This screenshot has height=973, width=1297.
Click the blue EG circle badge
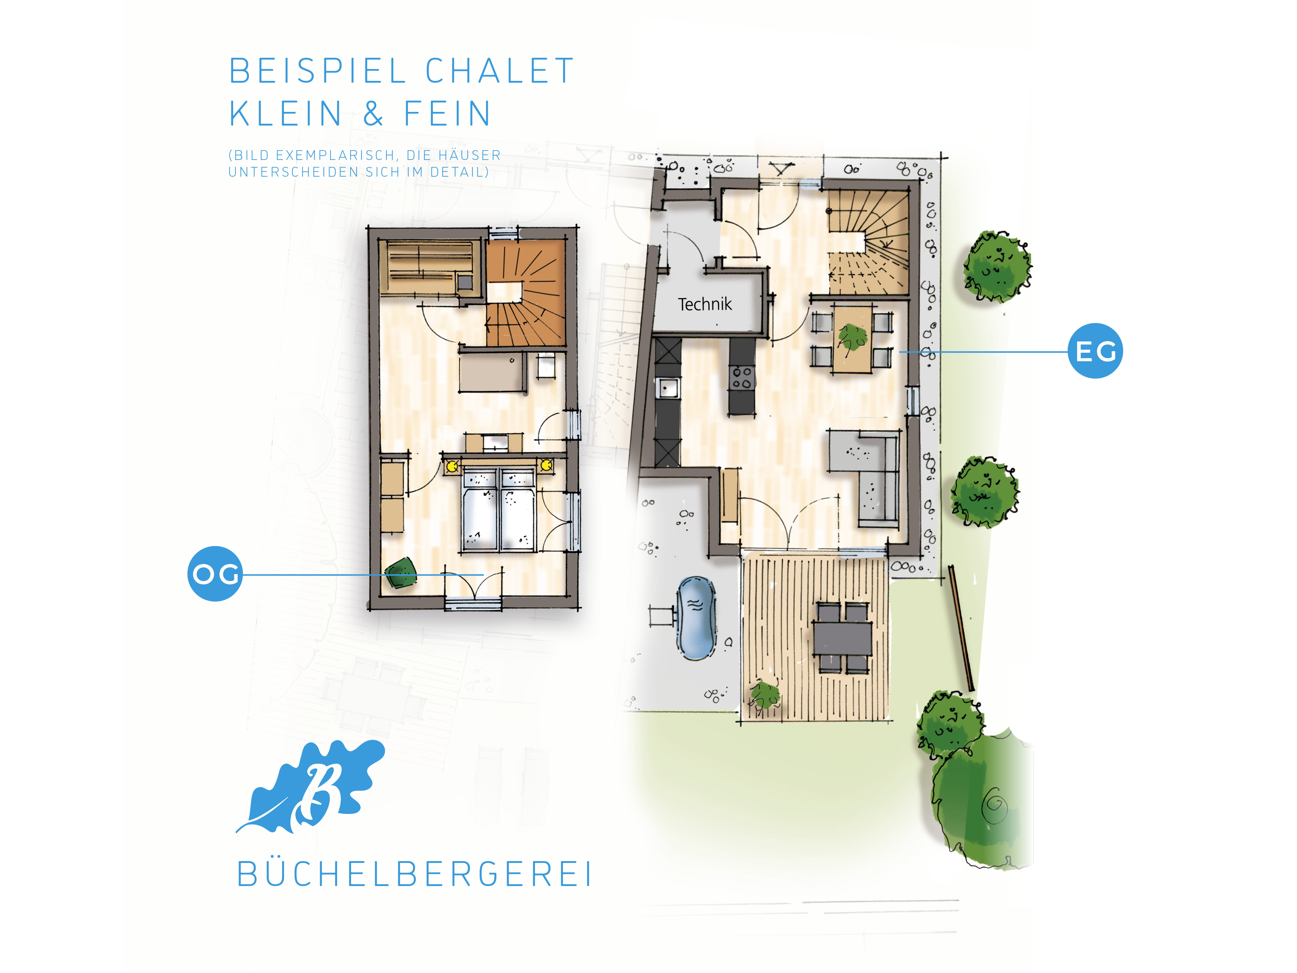[1095, 351]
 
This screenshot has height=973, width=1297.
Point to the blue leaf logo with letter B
[311, 786]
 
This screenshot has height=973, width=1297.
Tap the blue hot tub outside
[696, 618]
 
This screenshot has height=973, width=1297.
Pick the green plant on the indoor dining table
[852, 339]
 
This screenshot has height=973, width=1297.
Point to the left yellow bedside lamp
[452, 466]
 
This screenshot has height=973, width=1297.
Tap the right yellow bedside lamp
[546, 465]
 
